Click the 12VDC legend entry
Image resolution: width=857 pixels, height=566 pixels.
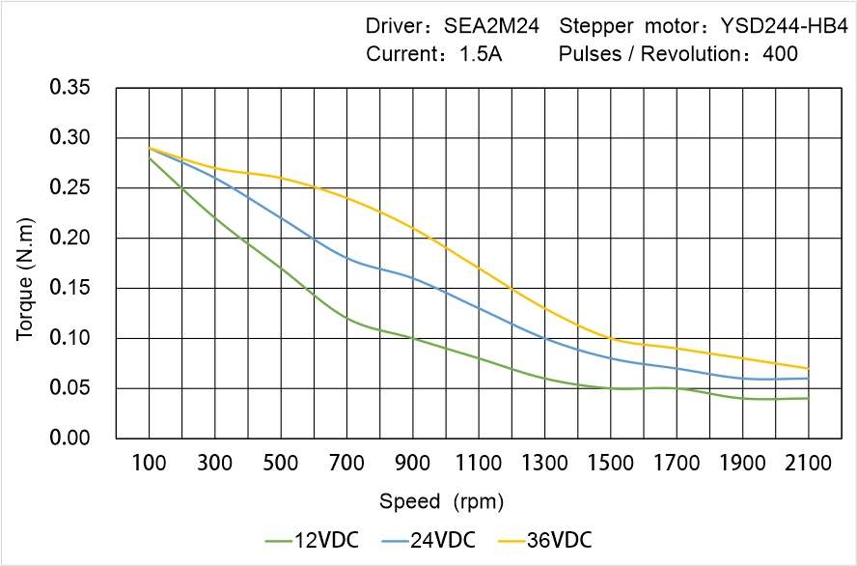coord(312,539)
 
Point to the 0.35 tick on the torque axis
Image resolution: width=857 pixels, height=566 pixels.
coord(69,88)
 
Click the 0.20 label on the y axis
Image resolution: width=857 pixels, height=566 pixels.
coord(69,239)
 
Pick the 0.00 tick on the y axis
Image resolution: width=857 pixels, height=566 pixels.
coord(69,439)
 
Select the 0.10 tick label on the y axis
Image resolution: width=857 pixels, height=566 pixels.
coord(69,338)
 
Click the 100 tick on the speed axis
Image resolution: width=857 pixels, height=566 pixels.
coord(149,464)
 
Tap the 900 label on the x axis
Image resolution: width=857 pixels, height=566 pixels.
coord(413,464)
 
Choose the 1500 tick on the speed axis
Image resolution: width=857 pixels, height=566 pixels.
coord(610,464)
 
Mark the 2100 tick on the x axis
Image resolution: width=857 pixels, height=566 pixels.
coord(808,464)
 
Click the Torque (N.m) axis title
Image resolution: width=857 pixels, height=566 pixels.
coord(26,263)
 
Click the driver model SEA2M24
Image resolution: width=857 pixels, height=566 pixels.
coord(491,26)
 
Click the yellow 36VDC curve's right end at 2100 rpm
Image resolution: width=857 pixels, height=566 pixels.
coord(808,368)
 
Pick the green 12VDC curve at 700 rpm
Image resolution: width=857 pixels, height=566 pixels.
coord(346,318)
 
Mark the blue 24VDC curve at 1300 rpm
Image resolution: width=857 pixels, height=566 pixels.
coord(544,338)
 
